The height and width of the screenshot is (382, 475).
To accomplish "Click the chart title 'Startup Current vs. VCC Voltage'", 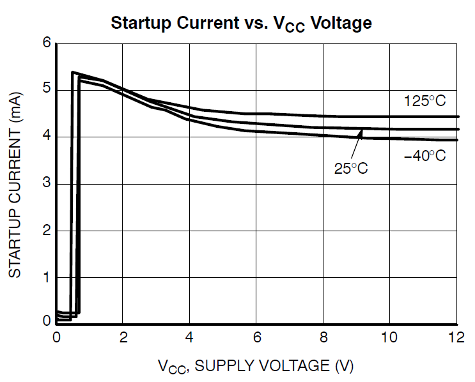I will pos(241,23).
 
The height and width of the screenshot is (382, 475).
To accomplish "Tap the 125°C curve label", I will pos(424,100).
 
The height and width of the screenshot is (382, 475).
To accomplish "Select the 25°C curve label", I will pos(351,169).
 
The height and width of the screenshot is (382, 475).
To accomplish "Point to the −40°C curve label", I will pos(424,155).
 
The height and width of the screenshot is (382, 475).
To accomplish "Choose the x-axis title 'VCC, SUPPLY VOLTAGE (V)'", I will pos(255,366).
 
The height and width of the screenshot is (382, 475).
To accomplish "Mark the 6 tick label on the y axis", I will pos(46,43).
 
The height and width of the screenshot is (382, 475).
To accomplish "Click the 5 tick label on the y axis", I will pos(46,90).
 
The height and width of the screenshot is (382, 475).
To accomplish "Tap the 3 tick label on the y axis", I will pos(46,184).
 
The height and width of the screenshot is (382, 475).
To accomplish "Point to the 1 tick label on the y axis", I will pos(46,278).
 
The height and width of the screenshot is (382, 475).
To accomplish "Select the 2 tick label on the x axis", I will pos(123,337).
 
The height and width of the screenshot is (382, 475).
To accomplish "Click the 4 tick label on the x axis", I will pos(190,337).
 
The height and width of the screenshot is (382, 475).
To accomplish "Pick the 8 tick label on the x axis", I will pos(323,337).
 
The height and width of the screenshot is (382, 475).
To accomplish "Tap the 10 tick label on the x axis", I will pos(389,337).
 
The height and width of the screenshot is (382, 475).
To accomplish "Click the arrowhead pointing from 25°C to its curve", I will pos(361,133).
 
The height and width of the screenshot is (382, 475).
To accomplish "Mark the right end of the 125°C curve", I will pos(457,116).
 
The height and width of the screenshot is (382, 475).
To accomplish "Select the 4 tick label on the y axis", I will pos(46,137).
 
